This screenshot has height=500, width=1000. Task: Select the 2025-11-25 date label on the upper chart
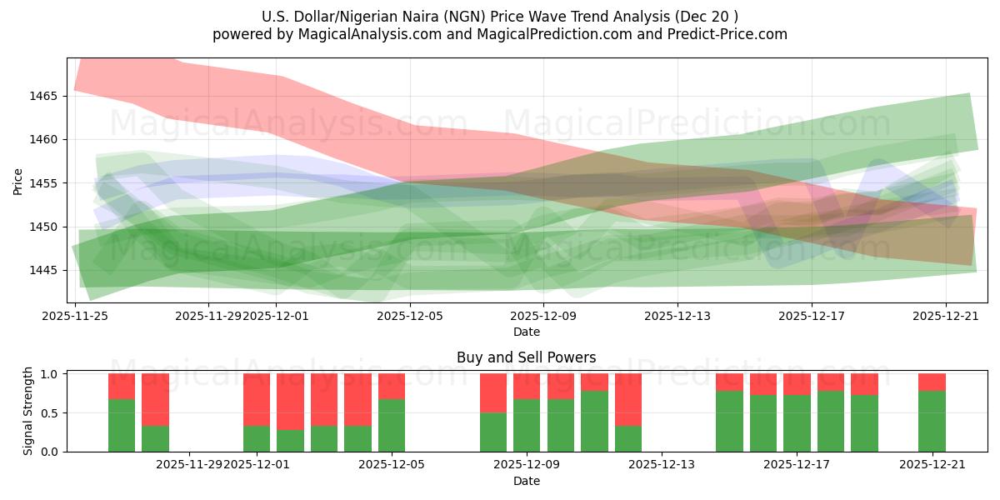click(76, 317)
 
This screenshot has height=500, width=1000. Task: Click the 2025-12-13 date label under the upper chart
click(677, 317)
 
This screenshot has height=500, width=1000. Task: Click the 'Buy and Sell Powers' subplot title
click(526, 357)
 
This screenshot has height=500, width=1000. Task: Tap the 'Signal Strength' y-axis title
click(28, 412)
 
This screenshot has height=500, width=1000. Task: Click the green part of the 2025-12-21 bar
click(932, 422)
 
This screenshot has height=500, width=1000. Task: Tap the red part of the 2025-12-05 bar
click(392, 386)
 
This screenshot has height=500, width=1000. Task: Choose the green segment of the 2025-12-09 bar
click(527, 425)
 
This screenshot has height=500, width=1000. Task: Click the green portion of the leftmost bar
click(122, 425)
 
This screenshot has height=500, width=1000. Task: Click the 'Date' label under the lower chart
click(526, 481)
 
